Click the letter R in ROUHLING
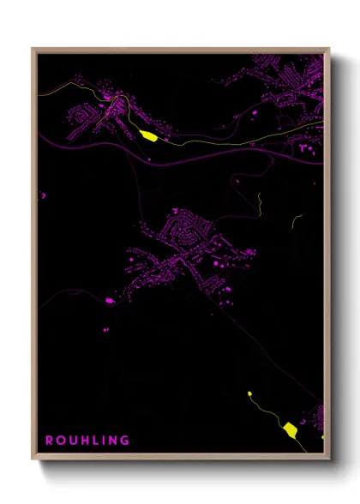click(x=50, y=441)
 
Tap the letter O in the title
click(x=60, y=441)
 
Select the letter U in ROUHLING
click(x=71, y=441)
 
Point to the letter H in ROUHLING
click(x=82, y=441)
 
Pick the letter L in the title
click(x=93, y=441)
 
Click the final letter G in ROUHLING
click(x=123, y=441)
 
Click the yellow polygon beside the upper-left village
click(x=147, y=135)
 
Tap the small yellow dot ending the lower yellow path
click(x=249, y=393)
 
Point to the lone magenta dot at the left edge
click(x=43, y=195)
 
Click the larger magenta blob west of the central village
click(x=109, y=301)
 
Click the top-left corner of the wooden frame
click(x=33, y=49)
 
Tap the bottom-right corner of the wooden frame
click(x=329, y=459)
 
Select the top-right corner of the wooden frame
click(x=329, y=49)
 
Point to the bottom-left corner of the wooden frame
click(x=33, y=459)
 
